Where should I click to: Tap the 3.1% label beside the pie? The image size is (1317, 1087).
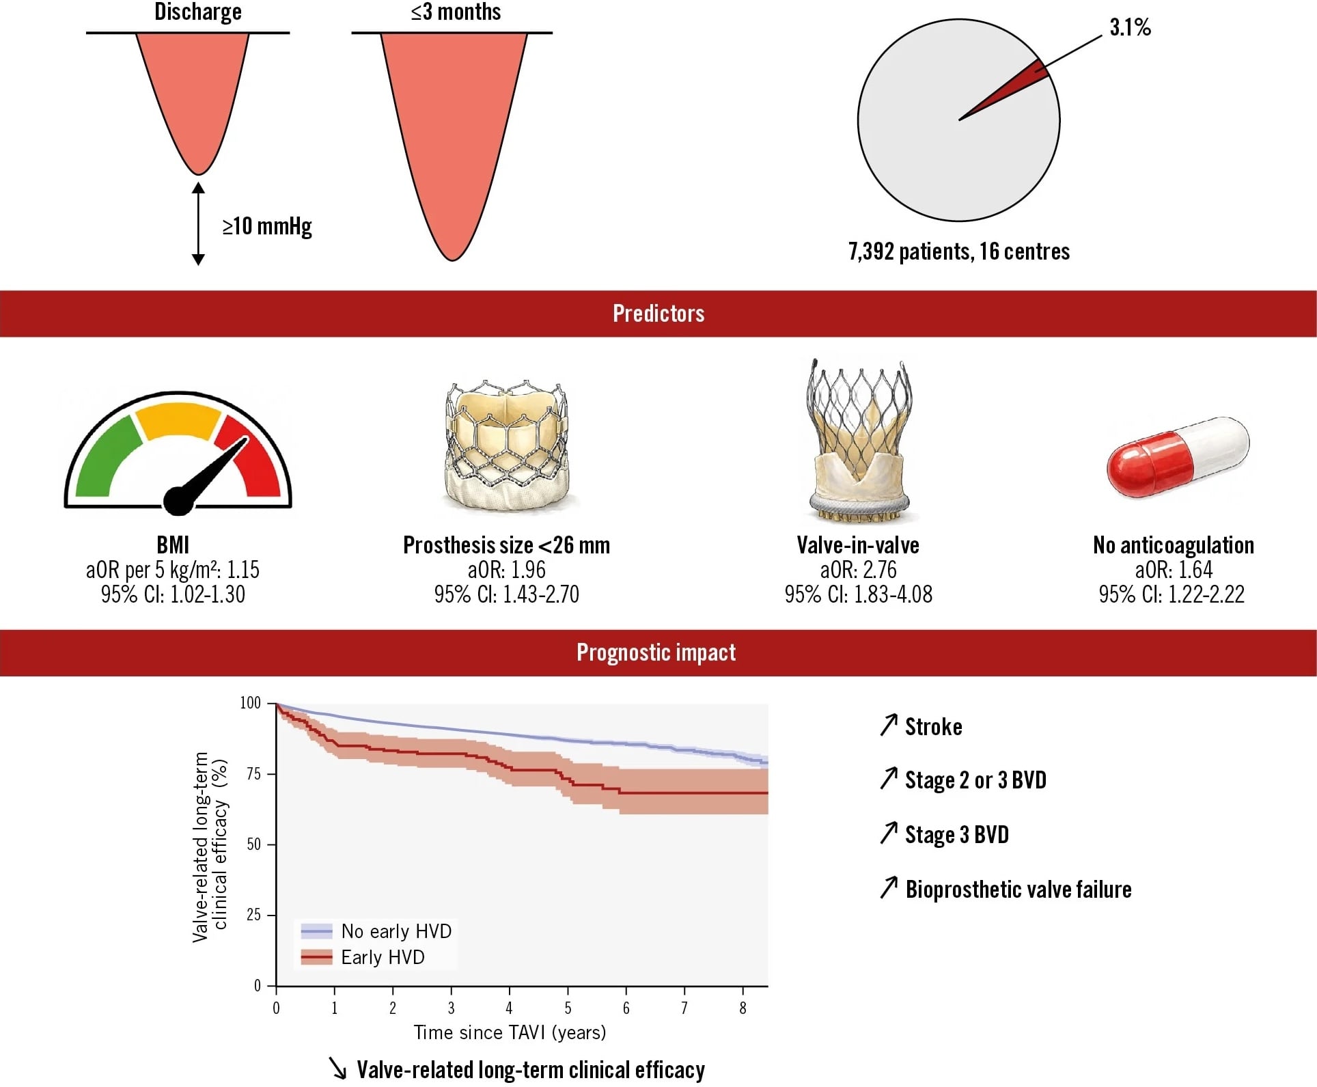(1130, 27)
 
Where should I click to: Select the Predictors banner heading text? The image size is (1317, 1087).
(658, 314)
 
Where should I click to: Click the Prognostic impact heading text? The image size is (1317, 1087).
(656, 652)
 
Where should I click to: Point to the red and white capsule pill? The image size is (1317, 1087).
(1178, 456)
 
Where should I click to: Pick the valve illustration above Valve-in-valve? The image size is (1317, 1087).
(859, 441)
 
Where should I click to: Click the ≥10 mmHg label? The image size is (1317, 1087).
(267, 226)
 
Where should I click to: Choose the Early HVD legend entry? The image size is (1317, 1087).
(363, 957)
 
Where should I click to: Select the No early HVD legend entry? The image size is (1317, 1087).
(376, 931)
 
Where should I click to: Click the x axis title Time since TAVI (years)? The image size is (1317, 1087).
(510, 1032)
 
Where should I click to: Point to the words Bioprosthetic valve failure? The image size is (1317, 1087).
(1018, 890)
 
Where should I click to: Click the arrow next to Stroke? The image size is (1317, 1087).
(888, 725)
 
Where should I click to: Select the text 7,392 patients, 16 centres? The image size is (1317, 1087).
(959, 251)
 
